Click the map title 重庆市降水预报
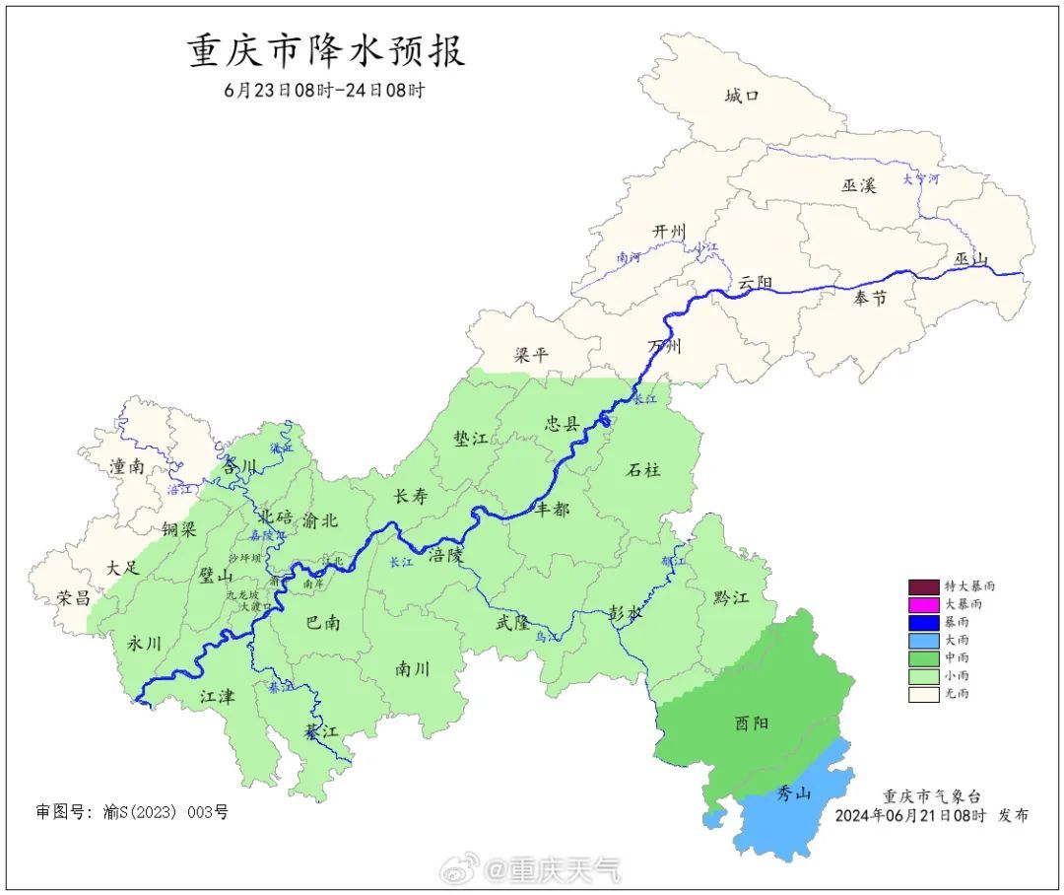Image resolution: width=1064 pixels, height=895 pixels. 326,51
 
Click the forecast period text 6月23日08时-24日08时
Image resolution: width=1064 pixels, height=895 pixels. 325,91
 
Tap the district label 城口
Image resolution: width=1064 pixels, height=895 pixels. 742,96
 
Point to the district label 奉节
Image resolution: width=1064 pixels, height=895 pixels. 870,299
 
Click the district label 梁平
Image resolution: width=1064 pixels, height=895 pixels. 531,355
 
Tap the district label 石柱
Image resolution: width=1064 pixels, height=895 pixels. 643,470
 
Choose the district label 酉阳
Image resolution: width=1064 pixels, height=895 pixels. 752,723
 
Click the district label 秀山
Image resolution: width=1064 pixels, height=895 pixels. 793,793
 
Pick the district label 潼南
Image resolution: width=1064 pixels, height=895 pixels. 128,467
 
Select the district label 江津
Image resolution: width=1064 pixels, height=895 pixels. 218,697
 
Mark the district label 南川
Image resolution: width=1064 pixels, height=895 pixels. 413,669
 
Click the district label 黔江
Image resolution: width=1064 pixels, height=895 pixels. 730,598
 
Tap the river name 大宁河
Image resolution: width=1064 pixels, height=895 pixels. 921,179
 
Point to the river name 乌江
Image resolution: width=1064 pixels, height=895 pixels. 546,638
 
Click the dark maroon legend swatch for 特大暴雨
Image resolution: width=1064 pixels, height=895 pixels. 923,585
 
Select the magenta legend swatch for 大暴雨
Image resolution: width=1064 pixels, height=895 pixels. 923,603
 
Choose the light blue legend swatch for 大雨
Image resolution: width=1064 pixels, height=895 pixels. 923,640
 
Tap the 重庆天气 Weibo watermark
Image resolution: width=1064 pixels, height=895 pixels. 532,869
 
